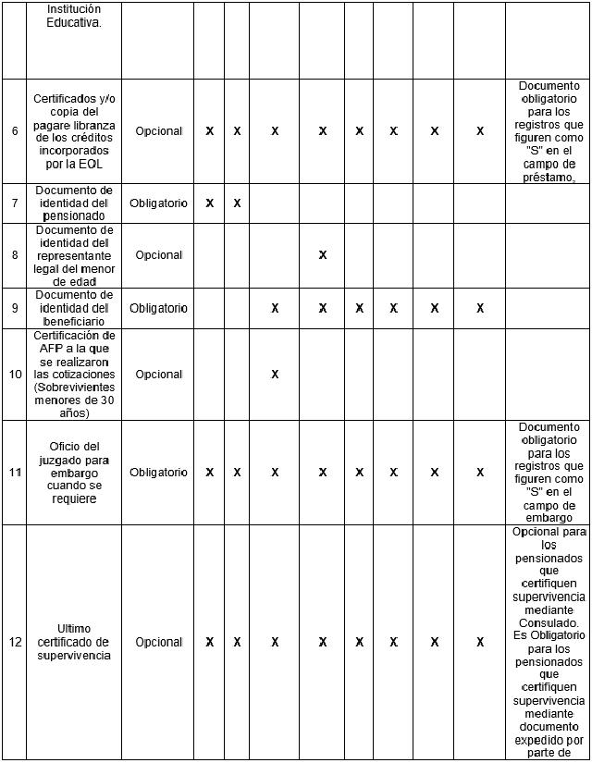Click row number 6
tap(15, 131)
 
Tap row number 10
tap(15, 375)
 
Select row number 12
tap(15, 642)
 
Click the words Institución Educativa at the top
tap(73, 15)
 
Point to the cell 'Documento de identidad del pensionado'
tap(73, 203)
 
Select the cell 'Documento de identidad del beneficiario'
tap(73, 308)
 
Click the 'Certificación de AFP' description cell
tap(73, 375)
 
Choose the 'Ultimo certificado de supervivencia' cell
tap(73, 642)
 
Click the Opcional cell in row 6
tap(158, 131)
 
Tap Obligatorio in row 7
tap(158, 203)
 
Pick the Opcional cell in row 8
tap(158, 254)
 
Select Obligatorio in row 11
tap(158, 473)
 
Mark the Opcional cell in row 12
tap(158, 642)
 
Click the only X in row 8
tap(323, 254)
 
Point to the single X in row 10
tap(275, 375)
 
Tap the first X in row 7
tap(209, 203)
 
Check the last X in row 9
tap(480, 308)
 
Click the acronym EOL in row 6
tap(92, 164)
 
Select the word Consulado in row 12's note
tap(548, 622)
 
